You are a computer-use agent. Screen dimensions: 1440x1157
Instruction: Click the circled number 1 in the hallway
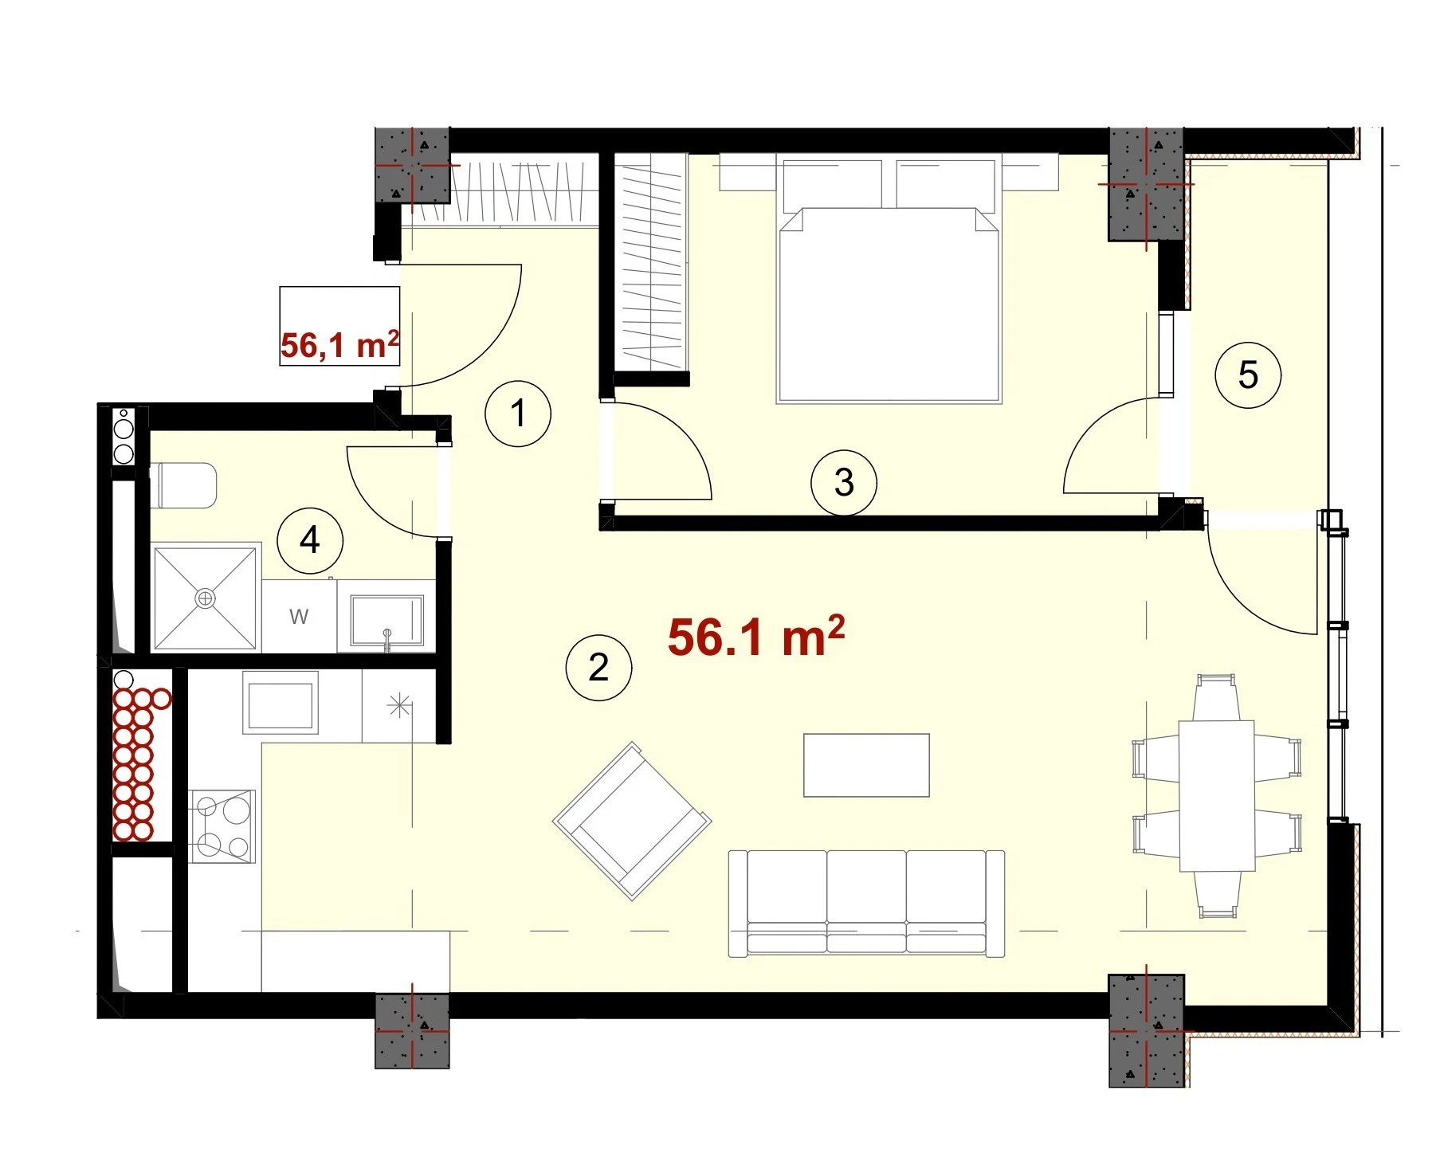coord(518,414)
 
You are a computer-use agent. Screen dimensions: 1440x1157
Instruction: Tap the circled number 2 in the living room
coord(598,668)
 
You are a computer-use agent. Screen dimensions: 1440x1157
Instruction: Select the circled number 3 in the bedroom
coord(844,482)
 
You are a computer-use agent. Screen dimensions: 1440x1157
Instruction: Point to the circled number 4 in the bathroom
coord(310,540)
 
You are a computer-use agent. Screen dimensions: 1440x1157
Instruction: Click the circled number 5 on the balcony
coord(1248,375)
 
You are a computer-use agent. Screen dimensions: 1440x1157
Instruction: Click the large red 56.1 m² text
coord(756,637)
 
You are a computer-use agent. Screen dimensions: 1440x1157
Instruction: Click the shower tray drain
coord(206,598)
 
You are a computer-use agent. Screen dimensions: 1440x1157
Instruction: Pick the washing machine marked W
coord(300,616)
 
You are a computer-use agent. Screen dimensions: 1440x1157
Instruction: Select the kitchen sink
coord(281,702)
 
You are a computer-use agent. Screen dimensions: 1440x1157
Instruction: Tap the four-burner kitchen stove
coord(222,826)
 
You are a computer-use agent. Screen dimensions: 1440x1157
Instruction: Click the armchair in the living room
coord(632,821)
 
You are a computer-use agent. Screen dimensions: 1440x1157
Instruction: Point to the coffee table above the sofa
coord(866,765)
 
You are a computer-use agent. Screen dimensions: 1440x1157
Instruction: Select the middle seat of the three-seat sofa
coord(866,902)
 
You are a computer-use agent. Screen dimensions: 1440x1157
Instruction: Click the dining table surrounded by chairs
coord(1216,796)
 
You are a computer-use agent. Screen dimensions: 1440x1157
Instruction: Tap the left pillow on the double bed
coord(833,184)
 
